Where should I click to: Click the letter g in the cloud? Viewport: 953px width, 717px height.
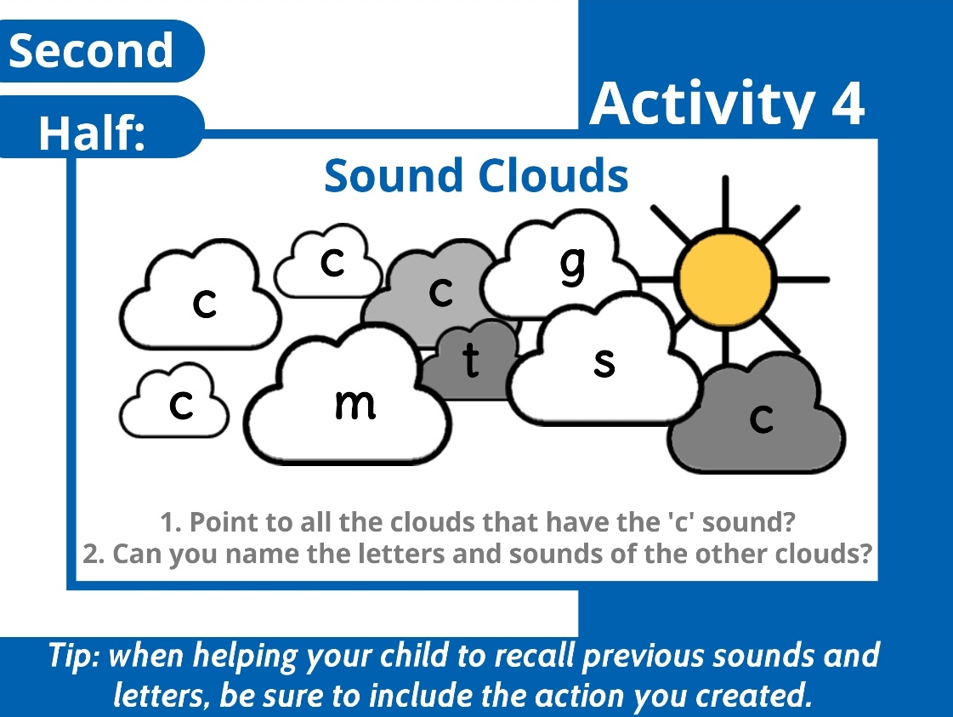574,265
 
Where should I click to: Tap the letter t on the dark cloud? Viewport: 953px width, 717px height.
469,361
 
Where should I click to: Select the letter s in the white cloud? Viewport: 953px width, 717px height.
604,362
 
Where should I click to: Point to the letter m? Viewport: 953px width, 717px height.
355,404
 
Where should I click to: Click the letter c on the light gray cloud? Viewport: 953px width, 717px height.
440,292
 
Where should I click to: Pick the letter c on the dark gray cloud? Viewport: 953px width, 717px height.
761,417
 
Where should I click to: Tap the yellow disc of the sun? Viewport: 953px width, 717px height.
724,278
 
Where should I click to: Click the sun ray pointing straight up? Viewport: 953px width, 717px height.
724,204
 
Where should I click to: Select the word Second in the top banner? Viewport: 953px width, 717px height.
91,51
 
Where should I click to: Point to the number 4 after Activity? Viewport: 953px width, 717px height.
847,104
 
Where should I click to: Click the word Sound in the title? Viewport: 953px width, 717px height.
395,175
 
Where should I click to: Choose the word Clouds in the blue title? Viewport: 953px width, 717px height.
553,175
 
